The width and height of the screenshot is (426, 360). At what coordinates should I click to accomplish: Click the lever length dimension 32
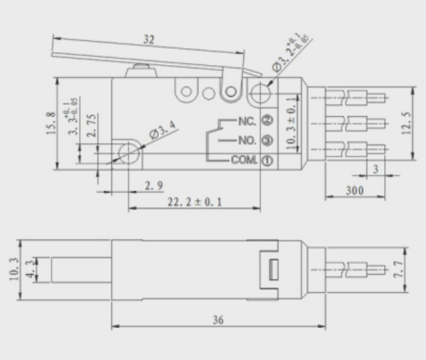[x=149, y=40]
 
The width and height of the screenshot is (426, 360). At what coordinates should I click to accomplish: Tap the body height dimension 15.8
[x=51, y=124]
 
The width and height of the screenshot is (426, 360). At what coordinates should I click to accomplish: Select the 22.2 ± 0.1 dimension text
[x=195, y=202]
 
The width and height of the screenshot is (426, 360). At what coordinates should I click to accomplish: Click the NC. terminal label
[x=247, y=121]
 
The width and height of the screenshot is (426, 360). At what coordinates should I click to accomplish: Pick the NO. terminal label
[x=247, y=140]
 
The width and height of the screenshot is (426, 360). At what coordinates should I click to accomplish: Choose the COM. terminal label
[x=244, y=160]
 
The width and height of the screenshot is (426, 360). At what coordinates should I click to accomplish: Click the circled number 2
[x=267, y=120]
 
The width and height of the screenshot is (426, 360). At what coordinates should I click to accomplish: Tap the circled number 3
[x=267, y=140]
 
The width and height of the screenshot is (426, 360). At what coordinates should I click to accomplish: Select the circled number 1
[x=267, y=161]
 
